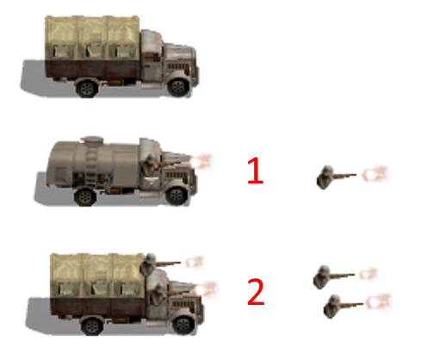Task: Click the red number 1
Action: [255, 172]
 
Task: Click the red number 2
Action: [256, 292]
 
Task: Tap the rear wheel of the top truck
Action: [87, 87]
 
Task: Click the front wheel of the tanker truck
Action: [176, 197]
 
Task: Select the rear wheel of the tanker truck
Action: [84, 197]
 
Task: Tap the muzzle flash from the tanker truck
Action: [204, 161]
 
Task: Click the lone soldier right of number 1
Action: [327, 177]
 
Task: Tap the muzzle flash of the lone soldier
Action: [375, 175]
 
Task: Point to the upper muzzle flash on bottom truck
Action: [195, 262]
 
